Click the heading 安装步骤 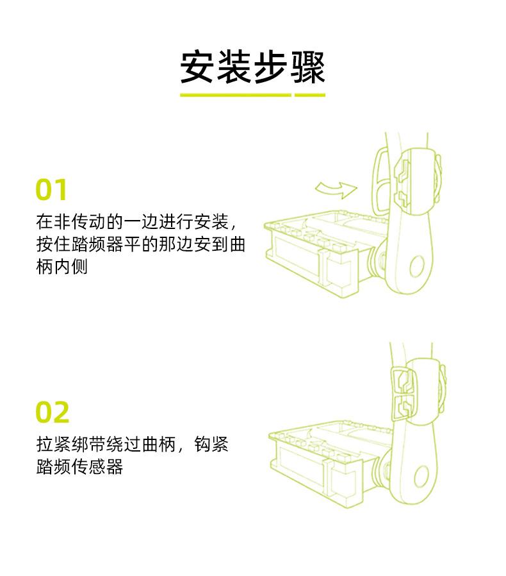tap(252, 67)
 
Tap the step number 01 tap(51, 191)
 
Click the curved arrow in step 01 tap(336, 189)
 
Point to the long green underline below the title tap(235, 95)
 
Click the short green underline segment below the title tap(311, 95)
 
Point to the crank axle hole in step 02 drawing tap(421, 475)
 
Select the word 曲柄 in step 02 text tap(158, 445)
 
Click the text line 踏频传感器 tap(79, 466)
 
